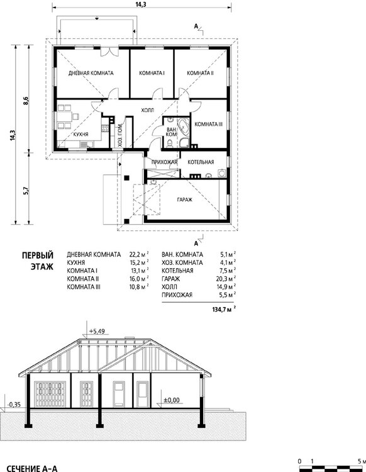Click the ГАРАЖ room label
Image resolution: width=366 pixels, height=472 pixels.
184,199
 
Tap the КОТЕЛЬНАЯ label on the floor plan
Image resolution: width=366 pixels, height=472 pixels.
201,162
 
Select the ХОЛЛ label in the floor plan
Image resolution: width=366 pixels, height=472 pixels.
147,110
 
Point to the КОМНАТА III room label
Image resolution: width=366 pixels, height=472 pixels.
208,124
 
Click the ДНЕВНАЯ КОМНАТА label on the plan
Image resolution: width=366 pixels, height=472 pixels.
91,73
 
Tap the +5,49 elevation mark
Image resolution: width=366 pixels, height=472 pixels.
97,331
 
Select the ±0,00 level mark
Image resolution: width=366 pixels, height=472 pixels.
172,400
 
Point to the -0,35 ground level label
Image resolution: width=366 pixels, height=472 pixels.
14,405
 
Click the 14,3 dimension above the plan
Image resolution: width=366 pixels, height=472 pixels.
141,4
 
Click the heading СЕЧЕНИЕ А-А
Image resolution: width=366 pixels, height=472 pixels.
31,468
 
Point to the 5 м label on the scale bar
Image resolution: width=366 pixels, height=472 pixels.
361,461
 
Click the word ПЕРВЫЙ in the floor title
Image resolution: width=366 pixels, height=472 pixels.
38,256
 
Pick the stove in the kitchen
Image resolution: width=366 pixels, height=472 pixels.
105,128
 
